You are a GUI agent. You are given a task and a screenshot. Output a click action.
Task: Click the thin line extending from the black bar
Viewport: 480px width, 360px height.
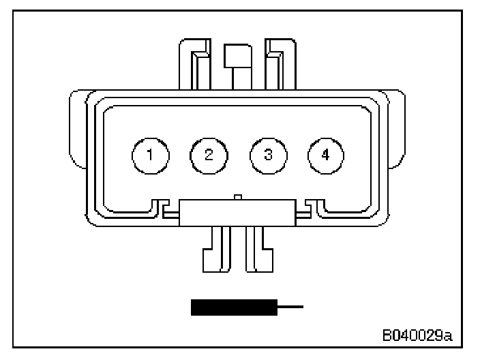[x=290, y=307]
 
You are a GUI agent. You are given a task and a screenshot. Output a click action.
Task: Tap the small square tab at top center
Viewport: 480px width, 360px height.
[x=238, y=55]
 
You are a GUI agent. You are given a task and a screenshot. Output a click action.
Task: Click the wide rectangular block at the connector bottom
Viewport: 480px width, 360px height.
[x=237, y=213]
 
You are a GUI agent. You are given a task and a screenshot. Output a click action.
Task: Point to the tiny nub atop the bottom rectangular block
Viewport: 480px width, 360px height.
[x=236, y=197]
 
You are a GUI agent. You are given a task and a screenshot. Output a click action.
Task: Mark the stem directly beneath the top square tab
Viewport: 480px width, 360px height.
[x=238, y=78]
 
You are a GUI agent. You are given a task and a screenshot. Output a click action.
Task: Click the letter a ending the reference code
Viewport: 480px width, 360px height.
[x=450, y=335]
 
